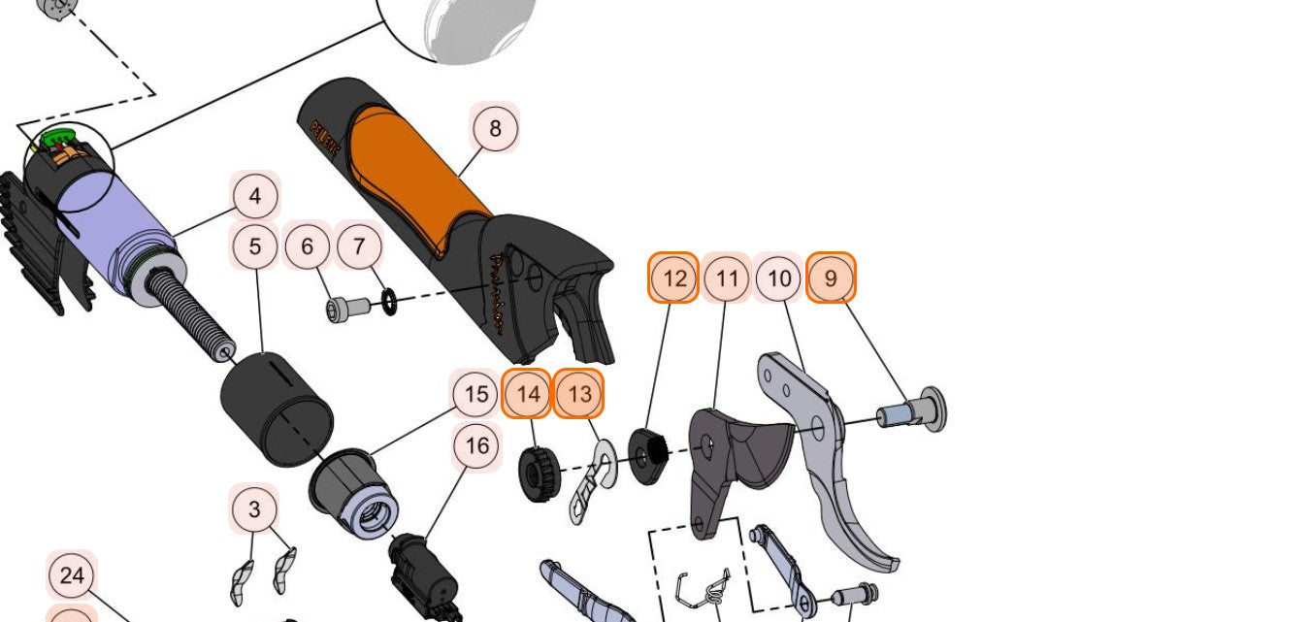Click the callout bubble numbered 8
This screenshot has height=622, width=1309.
[495, 128]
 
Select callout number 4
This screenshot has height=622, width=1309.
[255, 196]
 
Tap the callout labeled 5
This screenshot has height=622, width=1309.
[255, 246]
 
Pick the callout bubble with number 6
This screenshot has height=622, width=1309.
[308, 246]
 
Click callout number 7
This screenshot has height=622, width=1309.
[359, 246]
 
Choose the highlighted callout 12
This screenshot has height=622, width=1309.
[674, 279]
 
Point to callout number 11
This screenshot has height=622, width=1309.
[727, 279]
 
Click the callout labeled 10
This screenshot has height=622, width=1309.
[779, 279]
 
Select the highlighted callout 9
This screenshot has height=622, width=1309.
[831, 279]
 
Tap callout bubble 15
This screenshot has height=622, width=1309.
[475, 394]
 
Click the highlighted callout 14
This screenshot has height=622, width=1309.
[527, 394]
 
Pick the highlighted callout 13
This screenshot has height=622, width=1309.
[578, 394]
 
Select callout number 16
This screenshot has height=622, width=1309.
[476, 446]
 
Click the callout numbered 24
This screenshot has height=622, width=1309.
[72, 575]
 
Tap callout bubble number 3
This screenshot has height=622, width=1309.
[254, 509]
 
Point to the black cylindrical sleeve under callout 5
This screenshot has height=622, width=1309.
[277, 408]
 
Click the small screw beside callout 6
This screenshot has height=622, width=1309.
[345, 309]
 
